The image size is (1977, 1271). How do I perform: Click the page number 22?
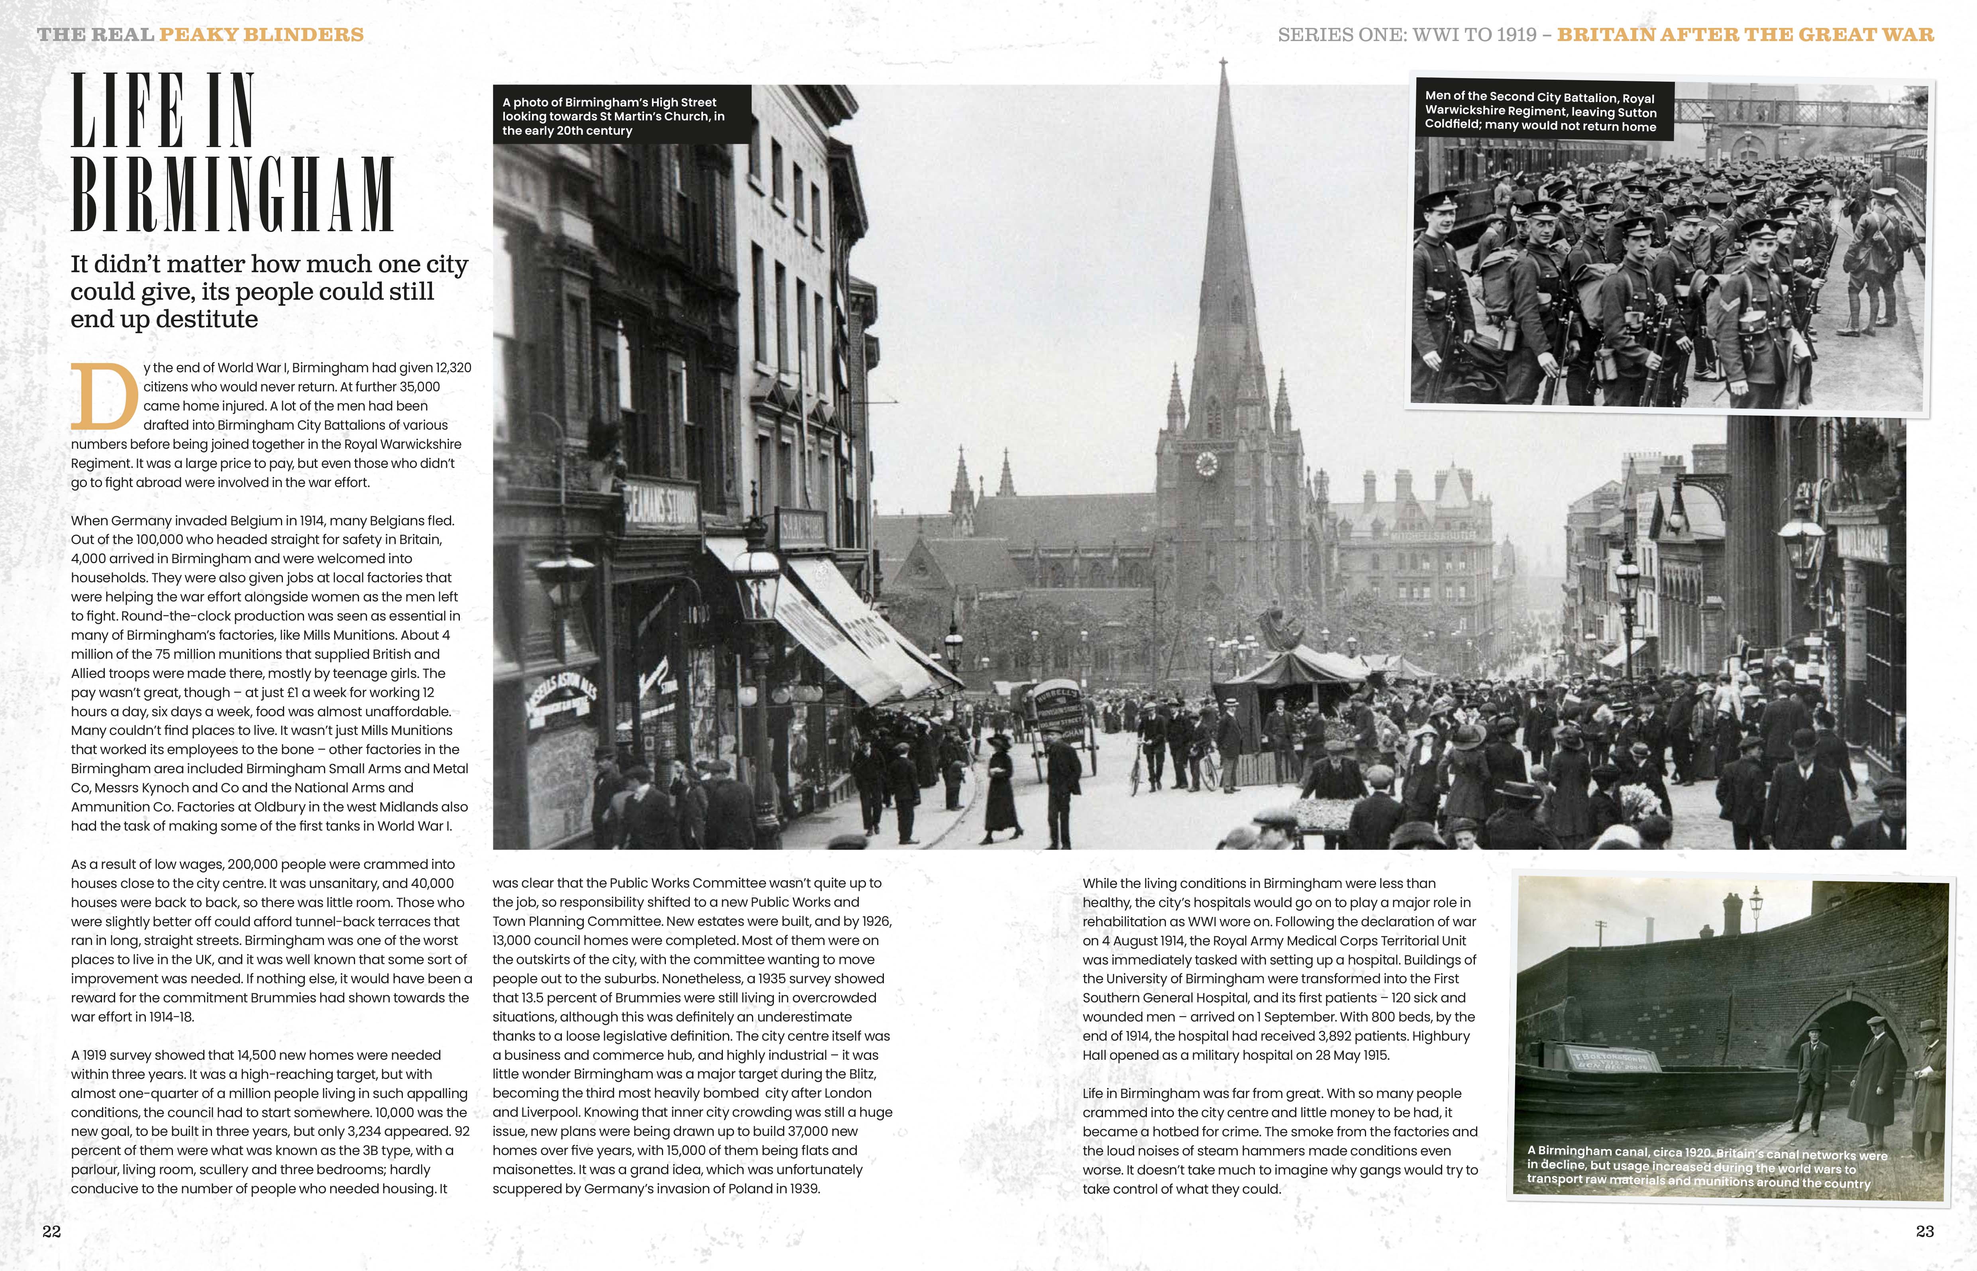(x=51, y=1232)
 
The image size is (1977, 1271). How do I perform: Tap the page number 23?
(x=1924, y=1232)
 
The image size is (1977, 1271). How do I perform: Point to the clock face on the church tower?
(x=1206, y=464)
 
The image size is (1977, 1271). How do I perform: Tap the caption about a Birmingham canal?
(x=1706, y=1166)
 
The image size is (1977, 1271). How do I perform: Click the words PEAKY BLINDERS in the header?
(x=261, y=35)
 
